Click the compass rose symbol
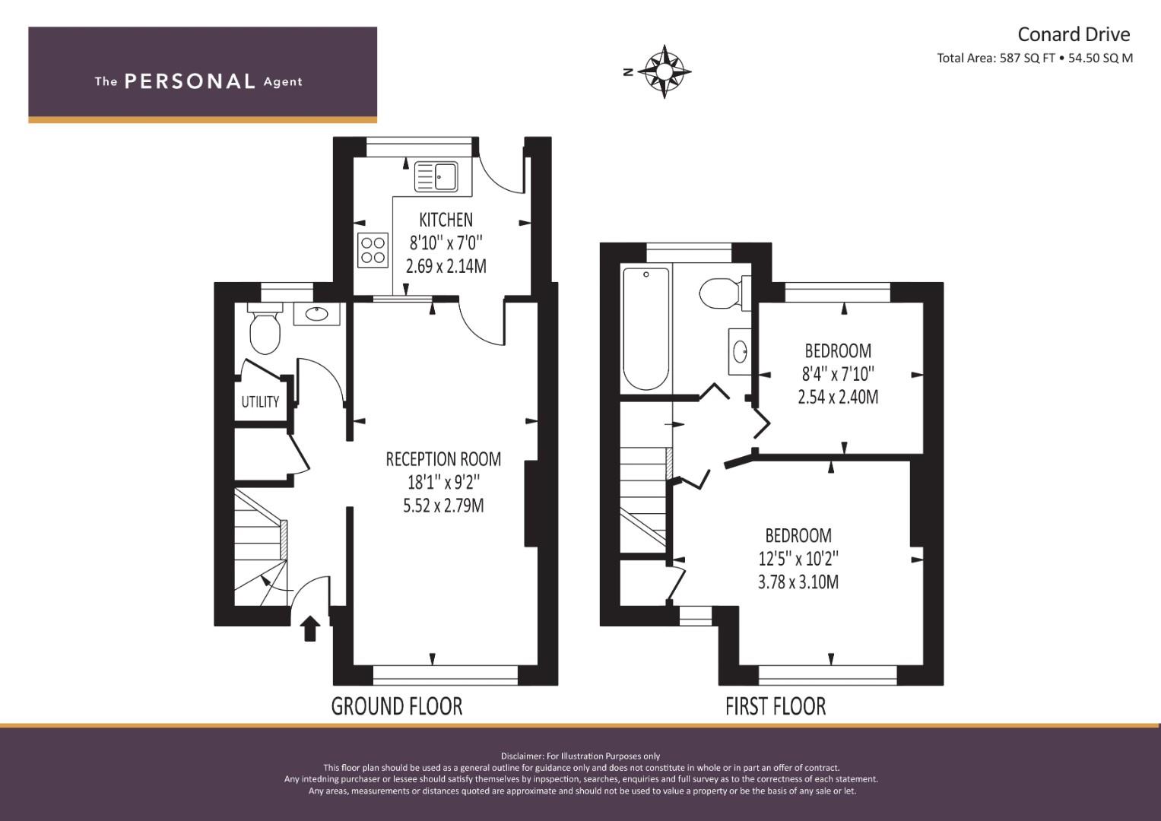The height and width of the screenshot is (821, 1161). pyautogui.click(x=664, y=72)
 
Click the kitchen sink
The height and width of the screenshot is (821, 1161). pyautogui.click(x=436, y=177)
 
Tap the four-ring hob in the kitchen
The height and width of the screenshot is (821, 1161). pyautogui.click(x=373, y=250)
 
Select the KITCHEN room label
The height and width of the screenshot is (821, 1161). pyautogui.click(x=446, y=220)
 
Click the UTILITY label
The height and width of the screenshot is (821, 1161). pyautogui.click(x=260, y=402)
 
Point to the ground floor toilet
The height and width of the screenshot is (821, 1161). pyautogui.click(x=265, y=331)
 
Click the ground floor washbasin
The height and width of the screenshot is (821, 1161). pyautogui.click(x=316, y=313)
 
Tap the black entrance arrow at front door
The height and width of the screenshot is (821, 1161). pyautogui.click(x=309, y=629)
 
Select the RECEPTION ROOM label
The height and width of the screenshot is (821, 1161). pyautogui.click(x=443, y=459)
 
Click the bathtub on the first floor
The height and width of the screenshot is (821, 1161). pyautogui.click(x=646, y=328)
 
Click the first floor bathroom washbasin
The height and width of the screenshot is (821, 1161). pyautogui.click(x=740, y=351)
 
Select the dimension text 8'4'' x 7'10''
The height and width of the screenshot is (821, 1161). pyautogui.click(x=838, y=374)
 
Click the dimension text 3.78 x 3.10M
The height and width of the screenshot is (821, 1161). pyautogui.click(x=798, y=582)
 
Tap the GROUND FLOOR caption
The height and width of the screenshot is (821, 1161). pyautogui.click(x=397, y=706)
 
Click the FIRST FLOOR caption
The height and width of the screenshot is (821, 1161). pyautogui.click(x=776, y=706)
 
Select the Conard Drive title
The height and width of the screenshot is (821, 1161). pyautogui.click(x=1074, y=34)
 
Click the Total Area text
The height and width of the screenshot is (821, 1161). pyautogui.click(x=1035, y=58)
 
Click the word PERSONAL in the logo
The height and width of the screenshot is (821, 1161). pyautogui.click(x=189, y=81)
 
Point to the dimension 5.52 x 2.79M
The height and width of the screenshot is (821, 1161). pyautogui.click(x=443, y=506)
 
